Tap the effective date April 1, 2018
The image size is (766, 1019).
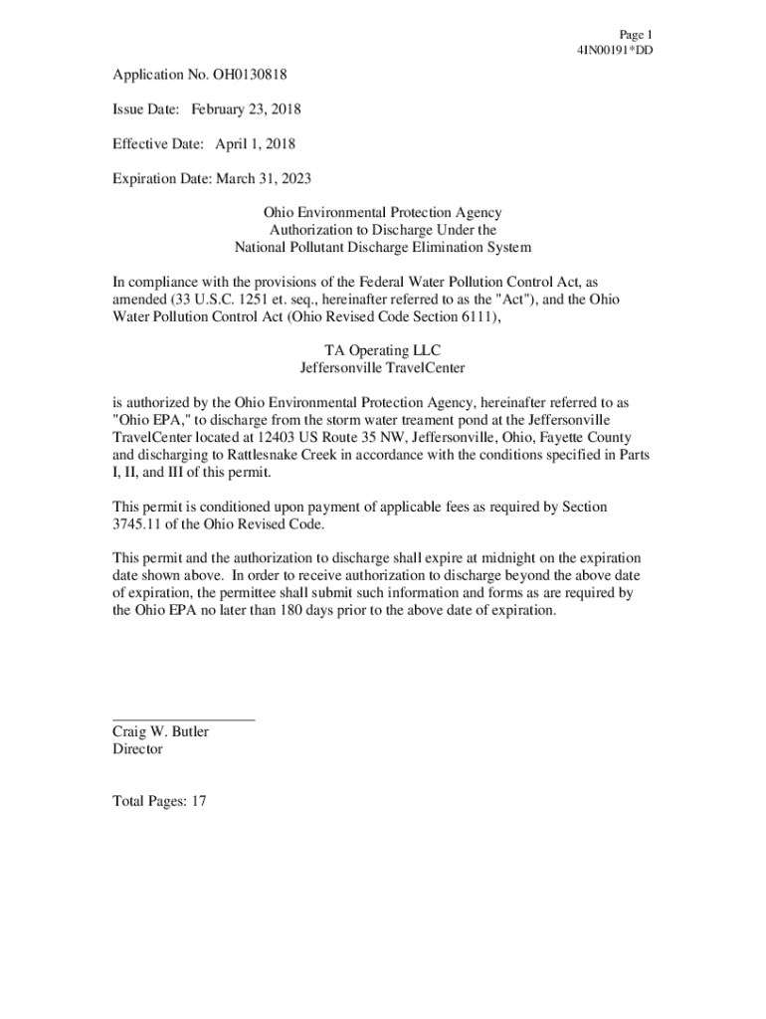click(x=256, y=144)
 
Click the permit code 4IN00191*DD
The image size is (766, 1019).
click(x=614, y=50)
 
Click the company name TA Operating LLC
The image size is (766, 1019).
click(x=383, y=350)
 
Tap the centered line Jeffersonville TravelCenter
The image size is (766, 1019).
click(x=383, y=368)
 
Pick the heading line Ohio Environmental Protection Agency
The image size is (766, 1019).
click(x=383, y=213)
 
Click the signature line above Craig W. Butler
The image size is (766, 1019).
click(x=184, y=718)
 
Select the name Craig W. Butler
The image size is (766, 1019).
click(x=161, y=732)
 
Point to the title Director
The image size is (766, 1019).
click(x=137, y=749)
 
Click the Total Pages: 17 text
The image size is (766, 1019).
click(x=159, y=800)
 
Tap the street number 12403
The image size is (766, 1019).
click(x=285, y=438)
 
